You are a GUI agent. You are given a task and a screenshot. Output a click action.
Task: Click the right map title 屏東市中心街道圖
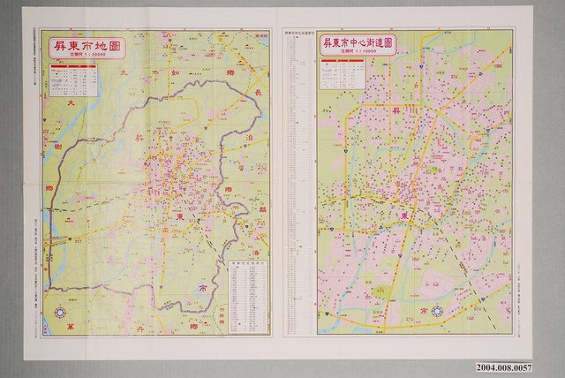(358, 43)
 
